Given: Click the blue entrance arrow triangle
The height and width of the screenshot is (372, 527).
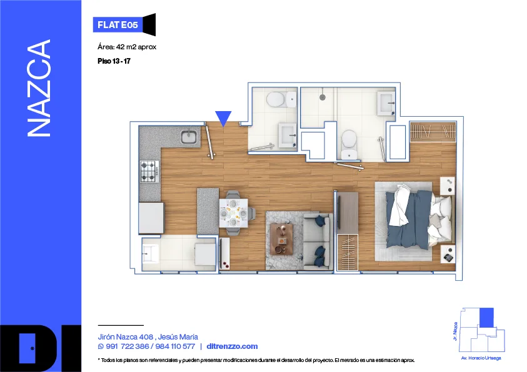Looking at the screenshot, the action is (x=223, y=118).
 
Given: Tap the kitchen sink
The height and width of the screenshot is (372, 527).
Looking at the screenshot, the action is (x=189, y=137).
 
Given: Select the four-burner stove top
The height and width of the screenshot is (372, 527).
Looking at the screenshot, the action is (x=149, y=172).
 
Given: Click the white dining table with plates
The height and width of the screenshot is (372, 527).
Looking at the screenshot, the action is (x=234, y=213).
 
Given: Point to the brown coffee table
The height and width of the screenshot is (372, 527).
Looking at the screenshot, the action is (x=282, y=240).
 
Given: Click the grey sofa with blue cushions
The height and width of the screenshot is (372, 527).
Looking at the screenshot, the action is (x=318, y=241).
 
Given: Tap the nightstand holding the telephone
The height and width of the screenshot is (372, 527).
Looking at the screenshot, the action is (x=448, y=254).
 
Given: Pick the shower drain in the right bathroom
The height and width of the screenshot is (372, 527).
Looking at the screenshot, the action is (x=323, y=97).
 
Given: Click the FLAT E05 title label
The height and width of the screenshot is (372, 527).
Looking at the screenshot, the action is (x=118, y=25).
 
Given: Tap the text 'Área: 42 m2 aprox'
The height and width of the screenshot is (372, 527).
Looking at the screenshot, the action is (x=127, y=47).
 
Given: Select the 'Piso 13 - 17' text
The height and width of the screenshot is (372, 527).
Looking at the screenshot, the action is (x=114, y=61).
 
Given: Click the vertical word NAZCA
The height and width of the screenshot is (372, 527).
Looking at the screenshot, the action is (x=39, y=88).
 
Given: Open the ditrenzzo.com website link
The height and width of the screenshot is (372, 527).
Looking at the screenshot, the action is (x=232, y=346).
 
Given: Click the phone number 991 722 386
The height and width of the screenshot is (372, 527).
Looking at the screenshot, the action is (x=128, y=346).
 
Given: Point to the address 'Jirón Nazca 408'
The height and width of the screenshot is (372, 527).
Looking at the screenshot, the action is (x=126, y=337).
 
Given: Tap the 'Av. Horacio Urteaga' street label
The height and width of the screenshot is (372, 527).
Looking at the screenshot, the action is (x=481, y=358).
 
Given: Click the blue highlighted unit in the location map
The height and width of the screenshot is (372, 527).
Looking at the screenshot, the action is (x=486, y=317).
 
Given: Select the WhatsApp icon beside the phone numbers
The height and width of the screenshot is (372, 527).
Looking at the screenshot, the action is (x=101, y=346).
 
